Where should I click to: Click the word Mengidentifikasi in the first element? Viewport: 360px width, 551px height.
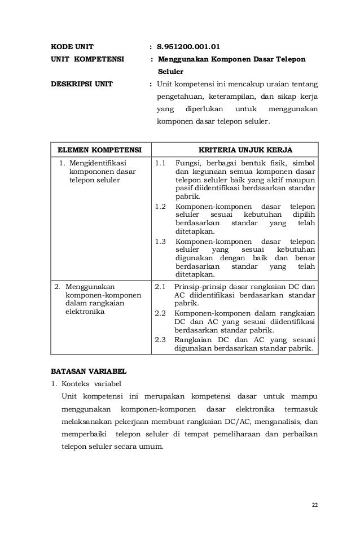(x=98, y=163)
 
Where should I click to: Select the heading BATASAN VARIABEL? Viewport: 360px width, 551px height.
(x=89, y=371)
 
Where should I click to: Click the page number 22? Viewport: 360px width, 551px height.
(x=314, y=504)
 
